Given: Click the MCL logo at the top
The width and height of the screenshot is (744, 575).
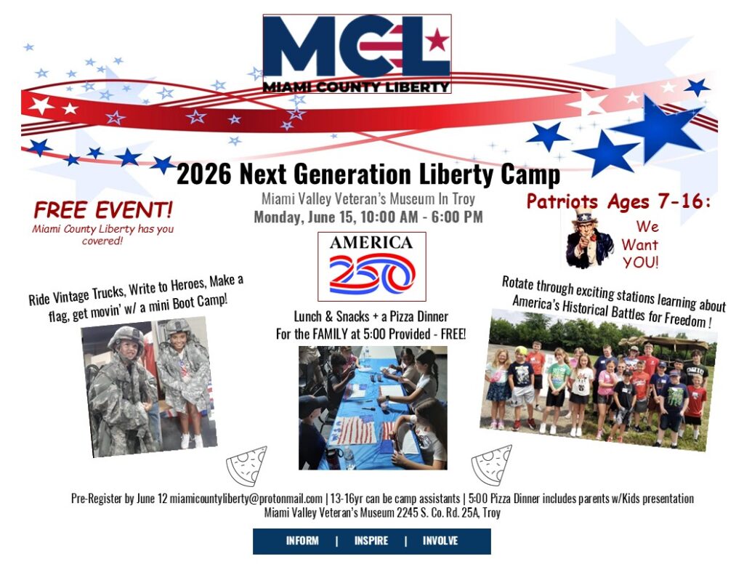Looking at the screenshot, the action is click(x=356, y=54).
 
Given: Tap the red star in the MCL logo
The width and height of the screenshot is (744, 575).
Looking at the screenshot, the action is click(x=437, y=40).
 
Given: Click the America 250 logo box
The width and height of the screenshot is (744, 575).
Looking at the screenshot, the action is click(x=371, y=266).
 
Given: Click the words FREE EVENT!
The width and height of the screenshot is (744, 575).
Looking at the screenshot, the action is click(x=103, y=210).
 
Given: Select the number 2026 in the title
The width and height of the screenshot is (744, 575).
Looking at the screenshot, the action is click(x=204, y=174).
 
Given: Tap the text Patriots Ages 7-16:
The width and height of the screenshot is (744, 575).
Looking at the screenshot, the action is click(x=619, y=201).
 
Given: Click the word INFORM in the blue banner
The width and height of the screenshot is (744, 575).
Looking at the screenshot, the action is click(x=302, y=541).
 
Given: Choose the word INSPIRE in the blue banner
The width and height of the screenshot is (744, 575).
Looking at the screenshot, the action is click(x=371, y=541).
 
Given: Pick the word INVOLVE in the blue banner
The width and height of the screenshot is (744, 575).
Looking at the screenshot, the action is click(x=440, y=541).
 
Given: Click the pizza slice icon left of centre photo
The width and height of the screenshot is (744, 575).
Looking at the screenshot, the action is click(x=247, y=465).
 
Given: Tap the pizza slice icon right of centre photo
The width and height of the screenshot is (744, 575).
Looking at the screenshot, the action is click(x=492, y=465).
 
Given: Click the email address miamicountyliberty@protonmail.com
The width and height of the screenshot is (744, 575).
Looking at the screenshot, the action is click(x=246, y=499).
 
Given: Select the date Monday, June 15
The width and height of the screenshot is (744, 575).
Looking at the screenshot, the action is click(x=304, y=217).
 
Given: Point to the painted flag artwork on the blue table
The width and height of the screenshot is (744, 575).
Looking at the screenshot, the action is click(x=355, y=430).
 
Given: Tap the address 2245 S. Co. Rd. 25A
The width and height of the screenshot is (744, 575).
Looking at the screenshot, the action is click(x=437, y=512).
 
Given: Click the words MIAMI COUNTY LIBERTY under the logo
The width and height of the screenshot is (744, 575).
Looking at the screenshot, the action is click(x=356, y=87).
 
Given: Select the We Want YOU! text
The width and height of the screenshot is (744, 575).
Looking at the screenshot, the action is click(x=640, y=244).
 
